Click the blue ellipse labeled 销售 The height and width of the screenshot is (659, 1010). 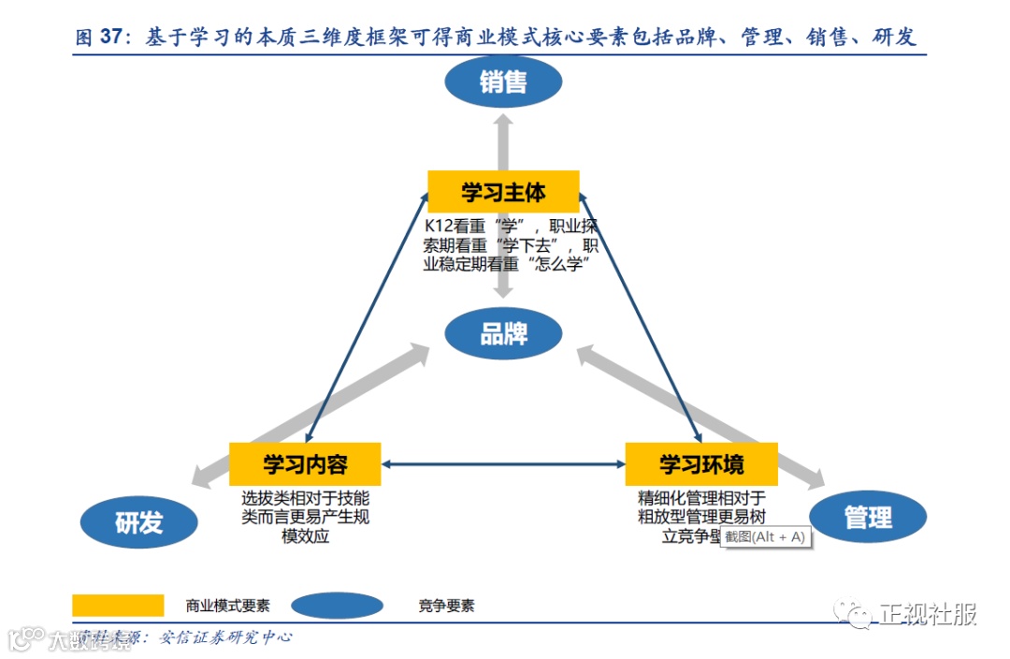(x=503, y=82)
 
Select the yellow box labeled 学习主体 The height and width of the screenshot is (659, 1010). (x=503, y=191)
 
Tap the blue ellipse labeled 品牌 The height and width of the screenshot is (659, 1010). (x=503, y=334)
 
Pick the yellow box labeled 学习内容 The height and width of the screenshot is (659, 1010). (x=305, y=464)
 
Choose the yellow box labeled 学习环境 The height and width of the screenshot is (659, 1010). (x=700, y=464)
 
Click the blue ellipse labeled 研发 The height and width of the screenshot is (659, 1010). (x=138, y=522)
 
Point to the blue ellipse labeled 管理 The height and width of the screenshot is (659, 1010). (x=867, y=517)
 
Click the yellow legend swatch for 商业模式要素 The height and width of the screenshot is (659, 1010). (x=118, y=606)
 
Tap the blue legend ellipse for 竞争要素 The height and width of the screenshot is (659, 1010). (x=337, y=606)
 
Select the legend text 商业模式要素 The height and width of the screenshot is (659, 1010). (x=227, y=606)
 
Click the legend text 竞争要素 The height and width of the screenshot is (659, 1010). (x=446, y=606)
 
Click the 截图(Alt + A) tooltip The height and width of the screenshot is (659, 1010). (x=764, y=536)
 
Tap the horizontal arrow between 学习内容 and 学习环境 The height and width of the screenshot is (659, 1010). (x=503, y=464)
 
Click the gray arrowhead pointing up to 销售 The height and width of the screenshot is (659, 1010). (x=503, y=122)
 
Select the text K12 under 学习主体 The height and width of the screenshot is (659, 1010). (x=440, y=227)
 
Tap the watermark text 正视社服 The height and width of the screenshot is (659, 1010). (x=928, y=614)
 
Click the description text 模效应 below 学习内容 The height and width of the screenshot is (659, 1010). (x=305, y=536)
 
